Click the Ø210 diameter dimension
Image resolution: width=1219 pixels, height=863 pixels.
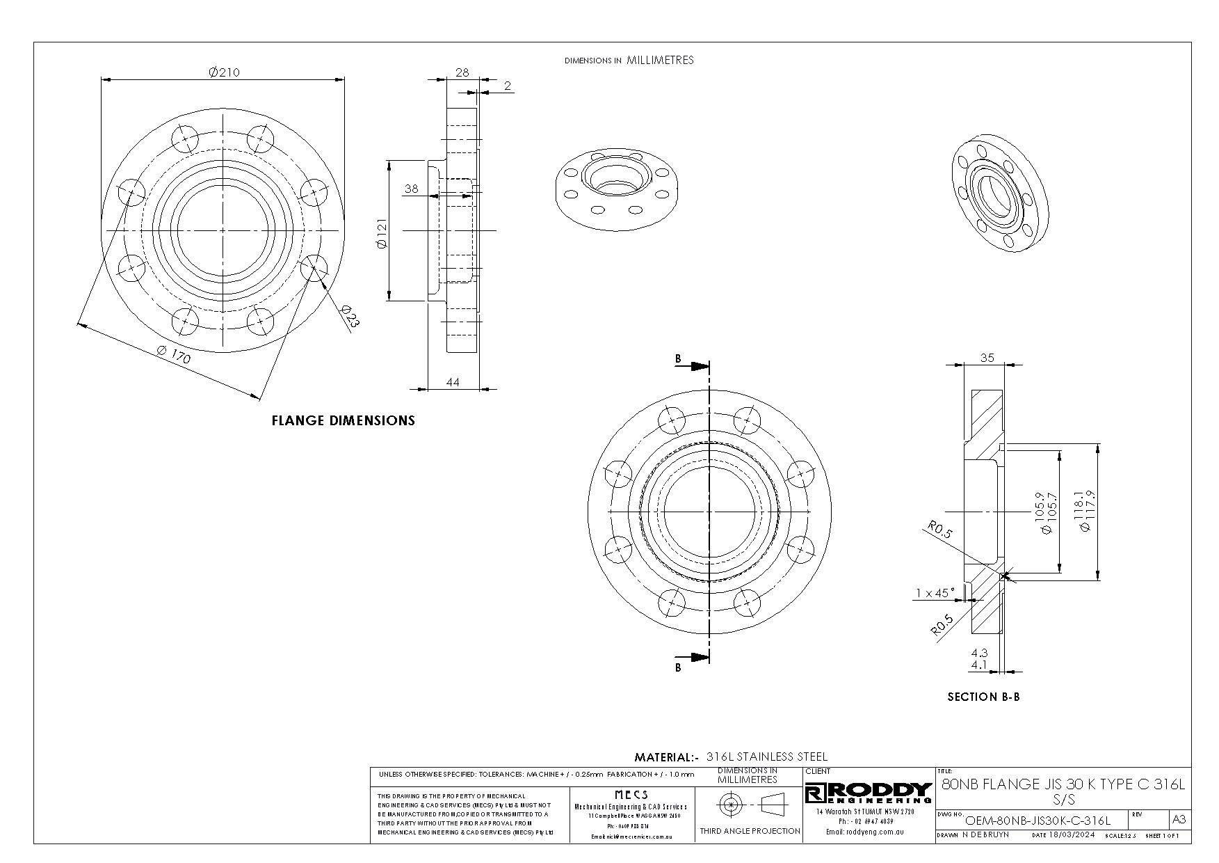224,72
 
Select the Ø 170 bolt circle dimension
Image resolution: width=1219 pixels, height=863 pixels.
173,355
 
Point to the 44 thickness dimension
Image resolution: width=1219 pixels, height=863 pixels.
453,382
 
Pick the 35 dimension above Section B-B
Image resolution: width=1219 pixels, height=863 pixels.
987,358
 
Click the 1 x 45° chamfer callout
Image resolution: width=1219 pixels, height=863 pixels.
935,593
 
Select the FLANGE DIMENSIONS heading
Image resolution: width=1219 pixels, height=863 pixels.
343,420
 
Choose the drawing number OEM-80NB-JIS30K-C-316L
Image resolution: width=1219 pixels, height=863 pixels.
1038,821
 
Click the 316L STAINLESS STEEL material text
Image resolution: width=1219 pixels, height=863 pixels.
766,757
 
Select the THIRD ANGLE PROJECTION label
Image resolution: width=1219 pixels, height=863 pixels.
750,831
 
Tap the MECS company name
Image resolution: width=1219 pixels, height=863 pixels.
631,794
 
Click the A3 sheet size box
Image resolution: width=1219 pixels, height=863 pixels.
1179,819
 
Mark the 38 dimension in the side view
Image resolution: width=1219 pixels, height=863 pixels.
412,189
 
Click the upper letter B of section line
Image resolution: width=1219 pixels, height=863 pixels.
678,359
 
